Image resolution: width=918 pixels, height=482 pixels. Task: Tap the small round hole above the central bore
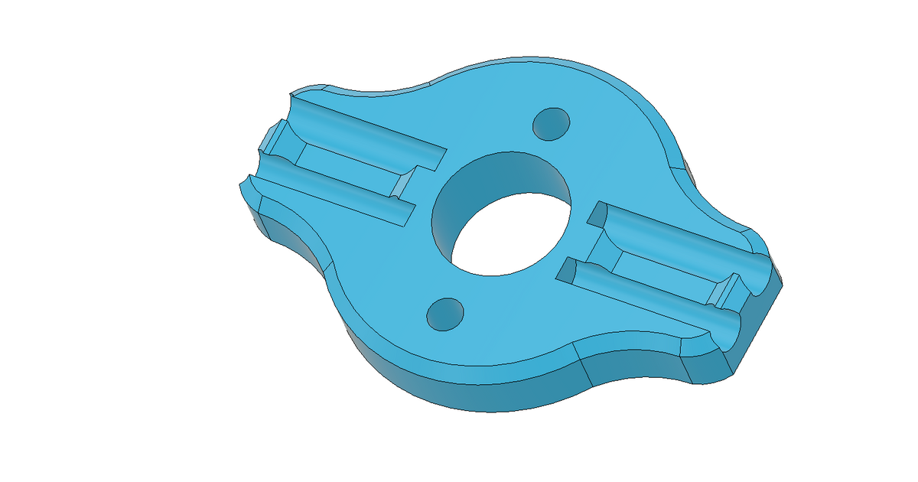552,123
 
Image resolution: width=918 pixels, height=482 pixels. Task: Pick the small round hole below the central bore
445,314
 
